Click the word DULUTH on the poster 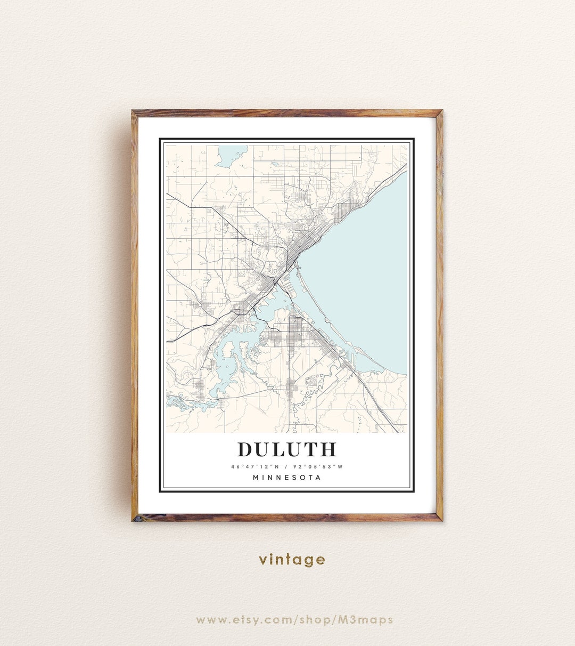[287, 449]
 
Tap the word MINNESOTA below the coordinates [287, 478]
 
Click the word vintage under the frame [292, 560]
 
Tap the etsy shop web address [294, 620]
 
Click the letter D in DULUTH [245, 449]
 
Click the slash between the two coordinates [287, 467]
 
